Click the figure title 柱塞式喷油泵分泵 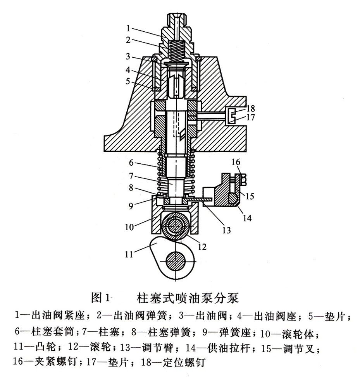(x=188, y=298)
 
